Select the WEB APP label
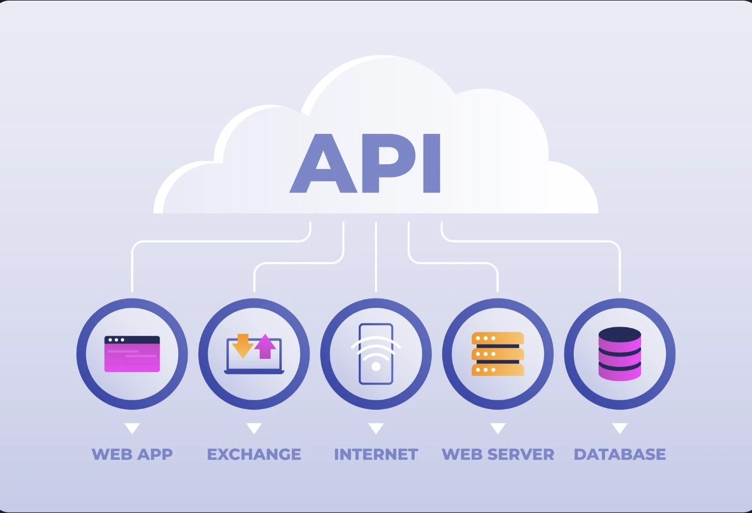(x=132, y=454)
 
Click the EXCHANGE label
(x=254, y=454)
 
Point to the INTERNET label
(x=376, y=454)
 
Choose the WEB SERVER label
(x=498, y=454)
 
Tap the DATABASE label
(x=620, y=454)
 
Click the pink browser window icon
(x=132, y=354)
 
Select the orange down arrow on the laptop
(x=242, y=345)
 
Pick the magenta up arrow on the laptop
(x=265, y=346)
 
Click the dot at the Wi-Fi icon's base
(x=376, y=367)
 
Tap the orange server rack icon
(x=498, y=354)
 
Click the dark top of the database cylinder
(x=620, y=334)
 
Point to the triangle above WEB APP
(x=132, y=428)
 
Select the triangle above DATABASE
(x=620, y=428)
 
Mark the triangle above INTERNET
(x=376, y=428)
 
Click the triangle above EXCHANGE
(x=254, y=428)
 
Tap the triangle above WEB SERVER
(x=498, y=428)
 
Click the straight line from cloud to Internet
(x=376, y=257)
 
